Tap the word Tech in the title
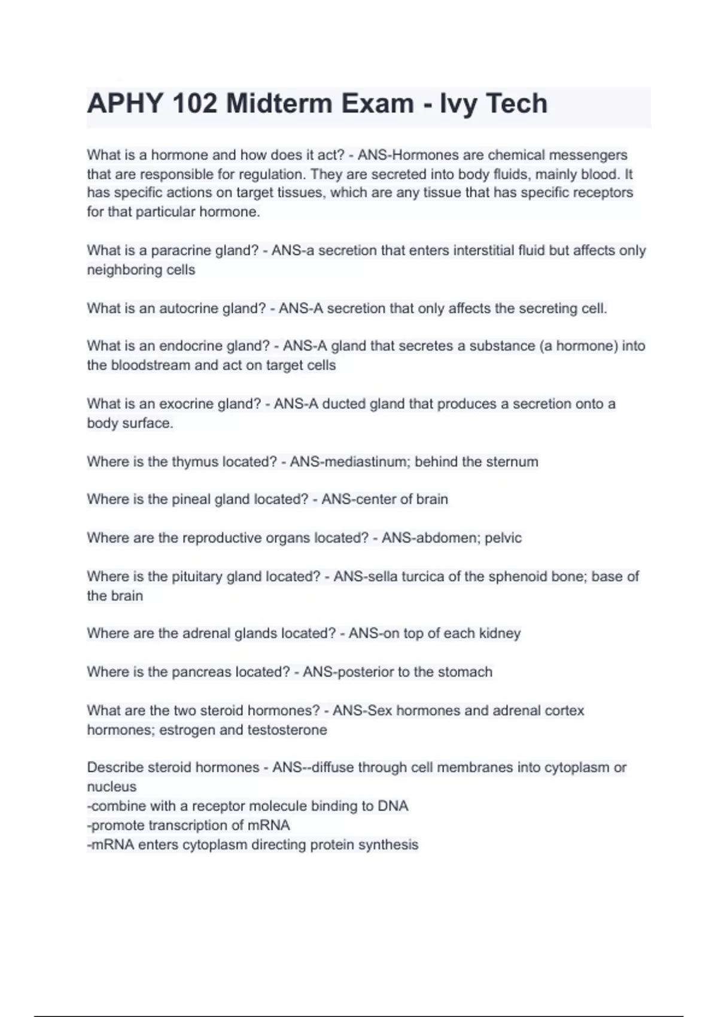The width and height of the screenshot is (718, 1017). (516, 103)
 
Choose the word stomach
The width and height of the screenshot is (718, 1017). (465, 672)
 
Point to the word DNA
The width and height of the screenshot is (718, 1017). (393, 806)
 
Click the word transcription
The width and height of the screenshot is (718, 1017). (191, 826)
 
